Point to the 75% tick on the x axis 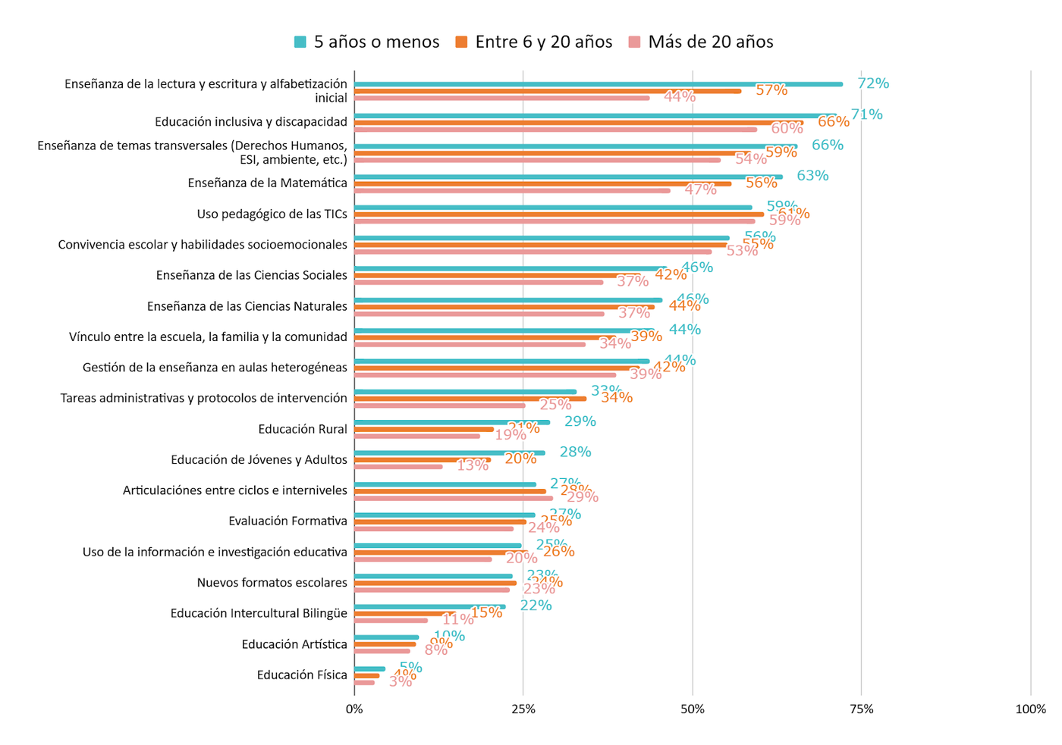[861, 709]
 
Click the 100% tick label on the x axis [1030, 709]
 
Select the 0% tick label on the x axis [354, 709]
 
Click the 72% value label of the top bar [873, 83]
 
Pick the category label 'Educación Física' [302, 675]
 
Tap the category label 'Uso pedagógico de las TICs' [272, 214]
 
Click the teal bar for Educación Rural [452, 422]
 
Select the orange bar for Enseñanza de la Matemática [542, 183]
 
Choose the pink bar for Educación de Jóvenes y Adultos [398, 467]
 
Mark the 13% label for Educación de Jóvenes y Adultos [473, 465]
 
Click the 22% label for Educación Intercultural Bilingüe [536, 605]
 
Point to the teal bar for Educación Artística [387, 637]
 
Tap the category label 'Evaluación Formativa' [287, 521]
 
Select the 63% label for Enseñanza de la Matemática [812, 176]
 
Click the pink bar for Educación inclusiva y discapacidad [555, 130]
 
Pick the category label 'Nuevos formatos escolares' [272, 582]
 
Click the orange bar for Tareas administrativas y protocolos [470, 399]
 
